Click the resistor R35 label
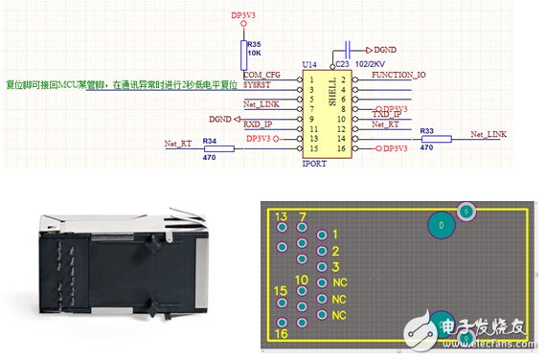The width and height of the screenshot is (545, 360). click(253, 44)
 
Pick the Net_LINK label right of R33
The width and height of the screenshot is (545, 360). click(488, 134)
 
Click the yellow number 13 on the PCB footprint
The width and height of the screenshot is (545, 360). click(281, 218)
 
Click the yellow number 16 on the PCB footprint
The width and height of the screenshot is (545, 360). click(281, 335)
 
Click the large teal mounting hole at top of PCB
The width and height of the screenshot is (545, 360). click(441, 226)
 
